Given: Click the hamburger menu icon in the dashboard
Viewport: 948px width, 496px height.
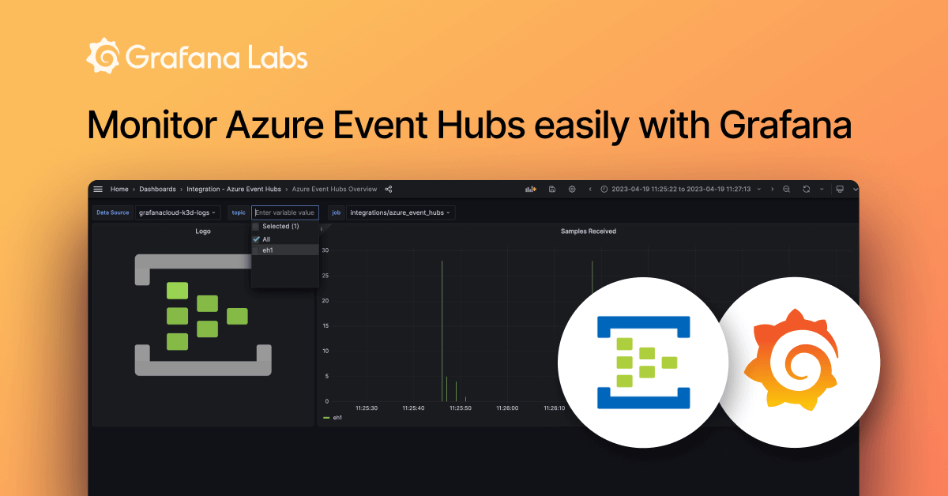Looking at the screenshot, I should coord(98,190).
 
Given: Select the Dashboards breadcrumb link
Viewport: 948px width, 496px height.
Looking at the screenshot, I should coord(157,190).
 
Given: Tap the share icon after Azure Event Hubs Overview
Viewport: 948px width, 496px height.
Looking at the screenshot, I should coord(389,190).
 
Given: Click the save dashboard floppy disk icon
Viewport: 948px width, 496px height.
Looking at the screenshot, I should coord(552,190).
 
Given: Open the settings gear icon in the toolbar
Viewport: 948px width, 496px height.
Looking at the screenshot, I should coord(572,190).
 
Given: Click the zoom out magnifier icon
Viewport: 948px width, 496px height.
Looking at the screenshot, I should coord(786,190).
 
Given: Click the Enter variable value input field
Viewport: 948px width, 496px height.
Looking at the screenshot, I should coord(285,212).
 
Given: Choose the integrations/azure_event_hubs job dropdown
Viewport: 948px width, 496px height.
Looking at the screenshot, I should coord(401,212).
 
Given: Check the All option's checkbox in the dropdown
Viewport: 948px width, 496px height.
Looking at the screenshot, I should coord(256,239).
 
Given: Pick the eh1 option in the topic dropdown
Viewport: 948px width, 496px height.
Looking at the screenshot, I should coord(268,250).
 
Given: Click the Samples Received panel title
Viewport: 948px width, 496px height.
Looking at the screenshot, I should coord(588,231).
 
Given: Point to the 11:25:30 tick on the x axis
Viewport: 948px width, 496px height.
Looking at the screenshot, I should coord(367,408).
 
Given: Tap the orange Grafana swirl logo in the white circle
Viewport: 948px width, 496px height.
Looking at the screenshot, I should coord(797,363).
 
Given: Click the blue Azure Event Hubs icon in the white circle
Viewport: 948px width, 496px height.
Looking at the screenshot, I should coord(644,363).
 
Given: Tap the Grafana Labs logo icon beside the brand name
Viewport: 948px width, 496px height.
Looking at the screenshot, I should coord(103,58).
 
